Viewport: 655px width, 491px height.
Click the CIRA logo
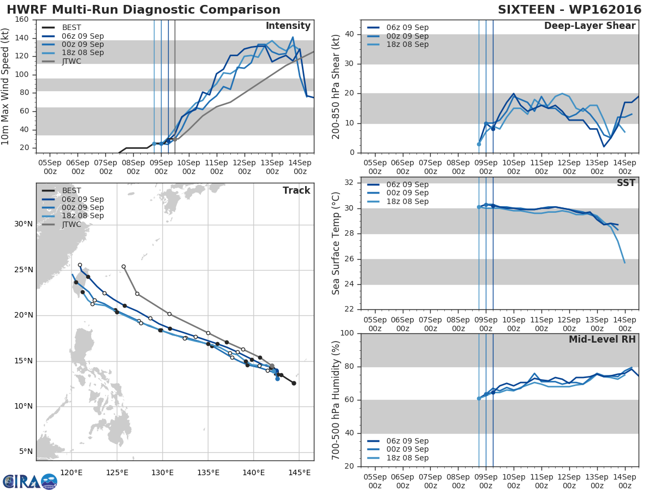[x=30, y=482]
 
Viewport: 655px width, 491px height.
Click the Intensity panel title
[x=288, y=26]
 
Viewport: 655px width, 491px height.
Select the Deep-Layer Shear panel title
[x=589, y=26]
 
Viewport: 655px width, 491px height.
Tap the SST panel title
[x=626, y=183]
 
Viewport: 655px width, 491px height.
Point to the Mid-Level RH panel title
[x=602, y=339]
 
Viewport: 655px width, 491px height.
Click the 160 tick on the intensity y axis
[x=22, y=20]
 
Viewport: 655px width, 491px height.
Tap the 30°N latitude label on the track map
[x=23, y=224]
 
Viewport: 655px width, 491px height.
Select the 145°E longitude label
[x=299, y=473]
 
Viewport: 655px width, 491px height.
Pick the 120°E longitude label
[x=72, y=473]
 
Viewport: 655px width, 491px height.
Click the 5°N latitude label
[x=26, y=452]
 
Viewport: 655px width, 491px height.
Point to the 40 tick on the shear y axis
[x=349, y=34]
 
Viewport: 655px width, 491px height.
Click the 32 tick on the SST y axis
[x=349, y=182]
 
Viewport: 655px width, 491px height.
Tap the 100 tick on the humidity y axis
[x=347, y=333]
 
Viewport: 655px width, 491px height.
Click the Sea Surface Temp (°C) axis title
[x=336, y=243]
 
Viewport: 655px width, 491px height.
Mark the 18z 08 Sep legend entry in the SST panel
[x=398, y=201]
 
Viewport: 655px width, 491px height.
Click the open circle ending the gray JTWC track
[x=123, y=267]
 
